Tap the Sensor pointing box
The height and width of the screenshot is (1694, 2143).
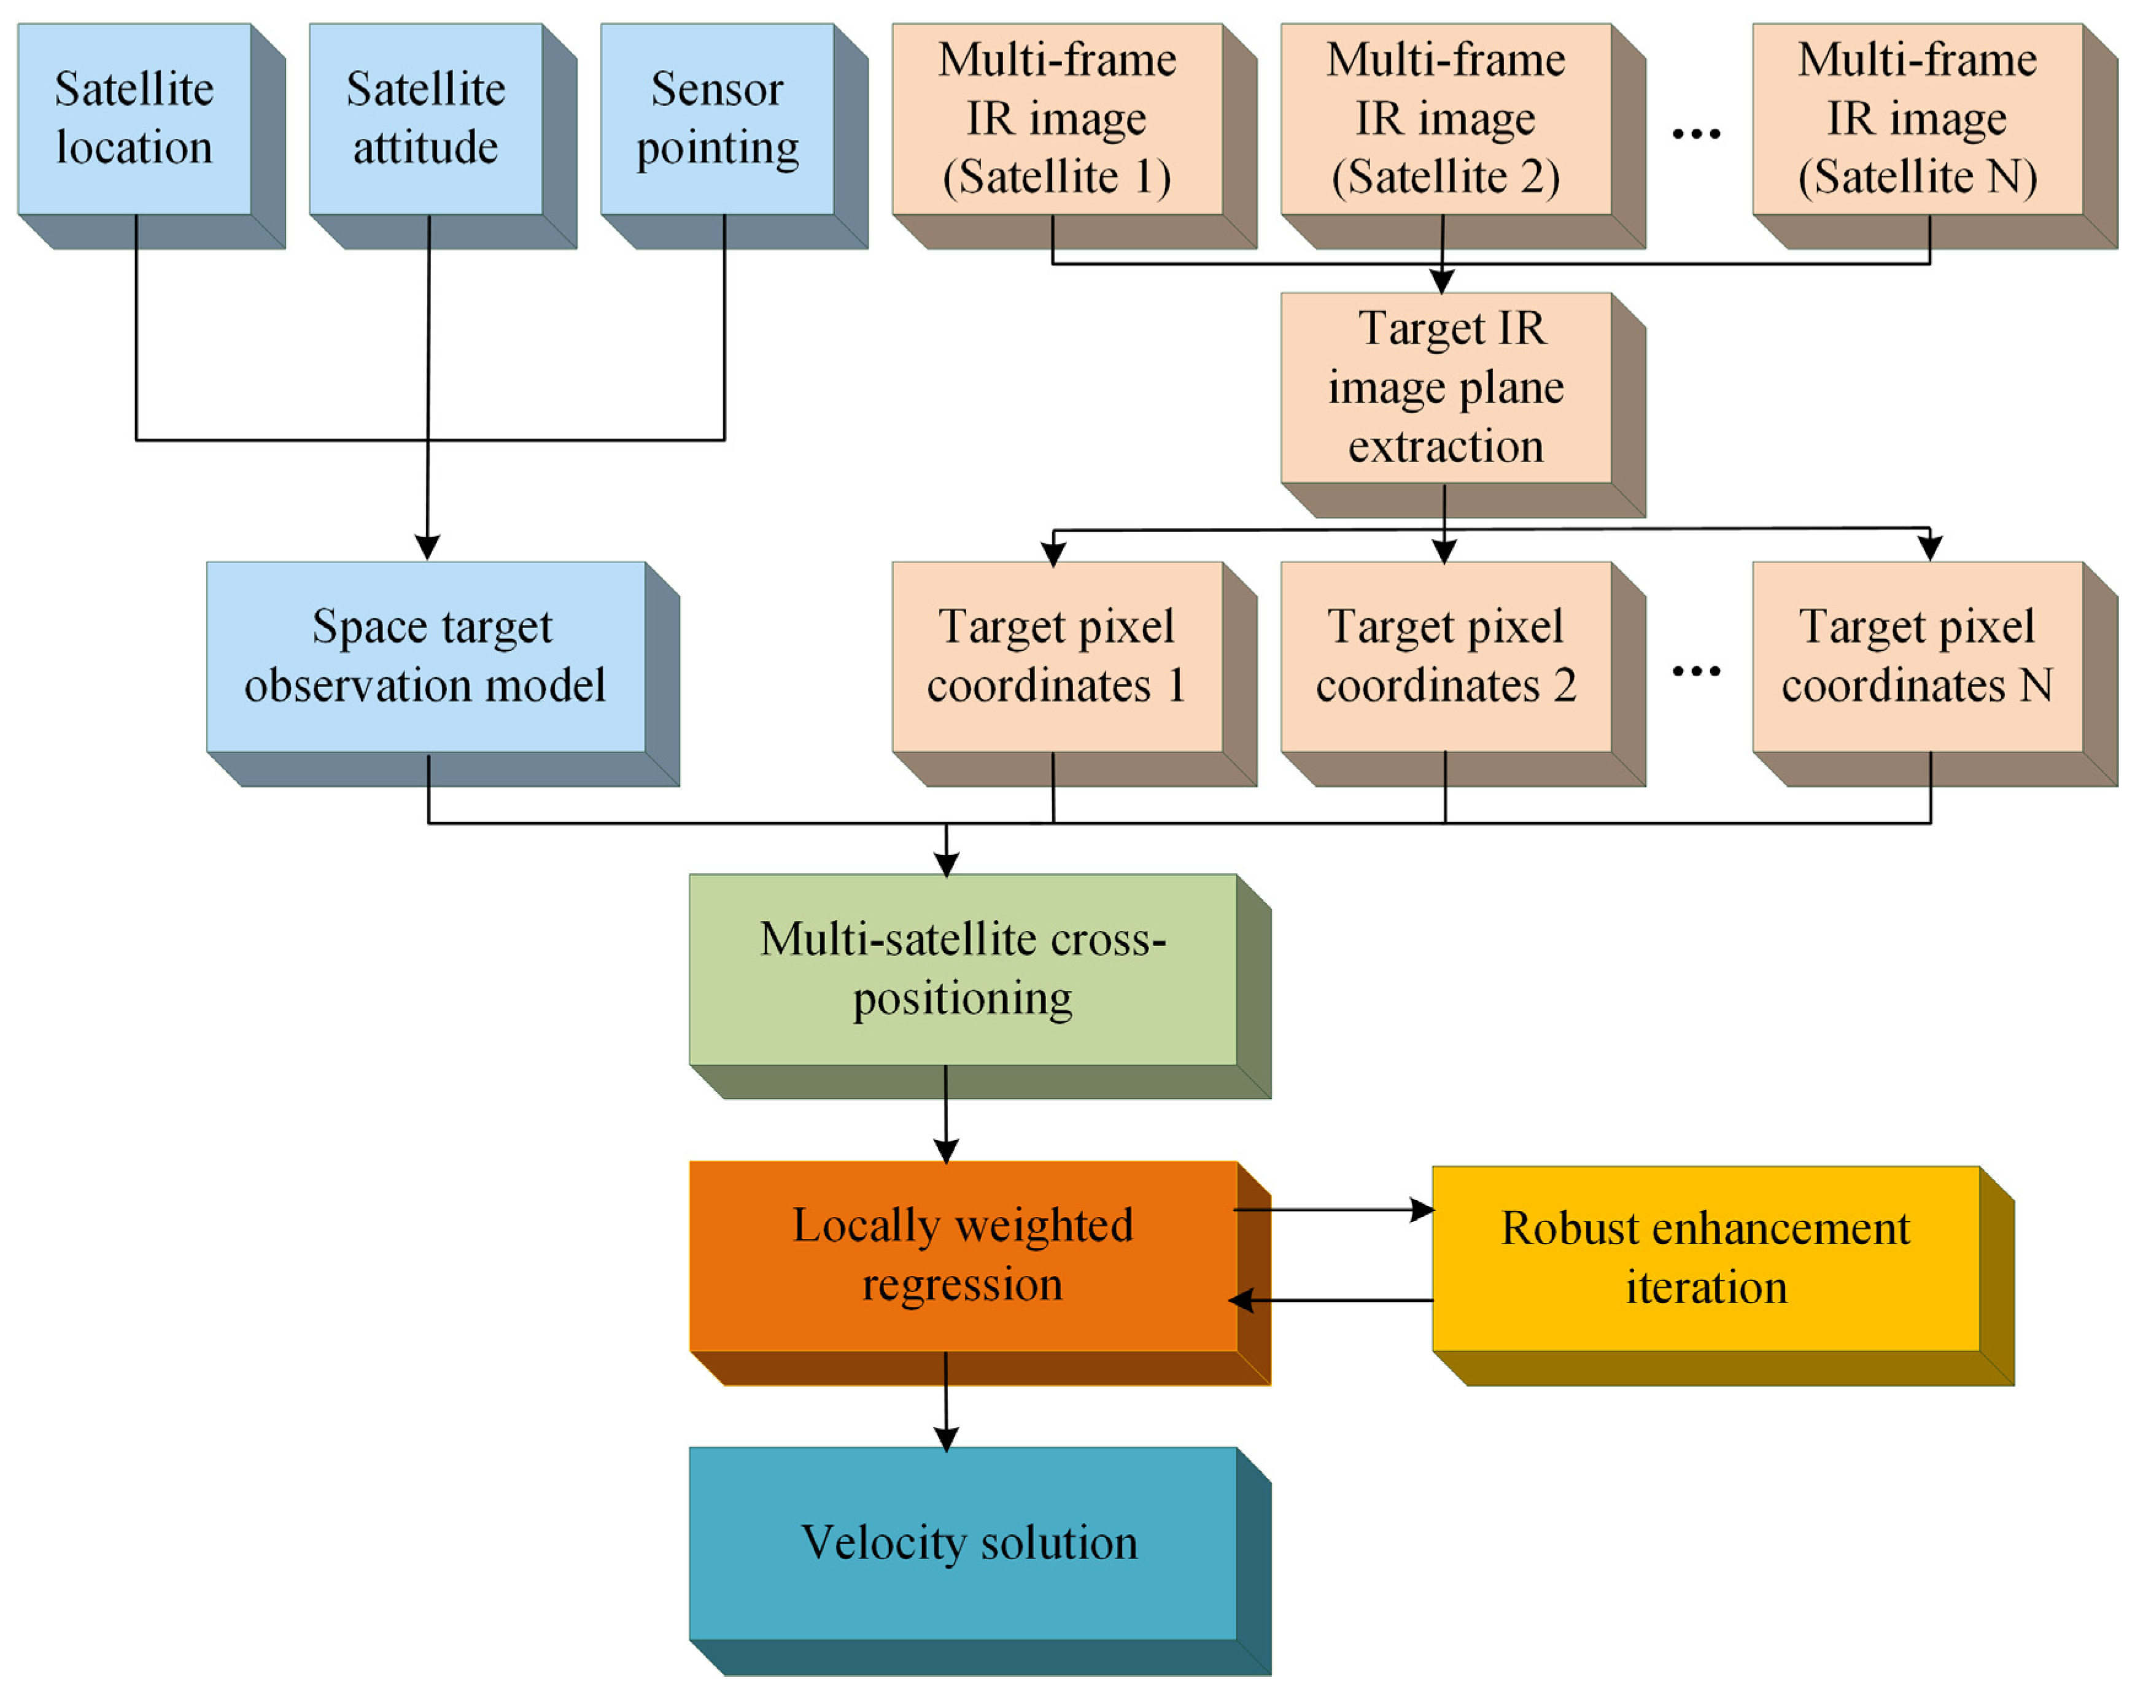point(717,119)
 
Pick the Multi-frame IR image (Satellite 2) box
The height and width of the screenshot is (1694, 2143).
point(1445,119)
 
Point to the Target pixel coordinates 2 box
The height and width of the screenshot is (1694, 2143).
point(1445,657)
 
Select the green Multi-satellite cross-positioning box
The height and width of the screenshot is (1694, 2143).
point(962,969)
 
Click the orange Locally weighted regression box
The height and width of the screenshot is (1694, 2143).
point(962,1256)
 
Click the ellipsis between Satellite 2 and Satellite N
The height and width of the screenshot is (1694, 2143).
point(1695,134)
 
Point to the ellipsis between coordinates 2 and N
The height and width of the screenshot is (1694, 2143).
point(1695,671)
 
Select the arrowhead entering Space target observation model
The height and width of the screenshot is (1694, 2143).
point(427,547)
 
